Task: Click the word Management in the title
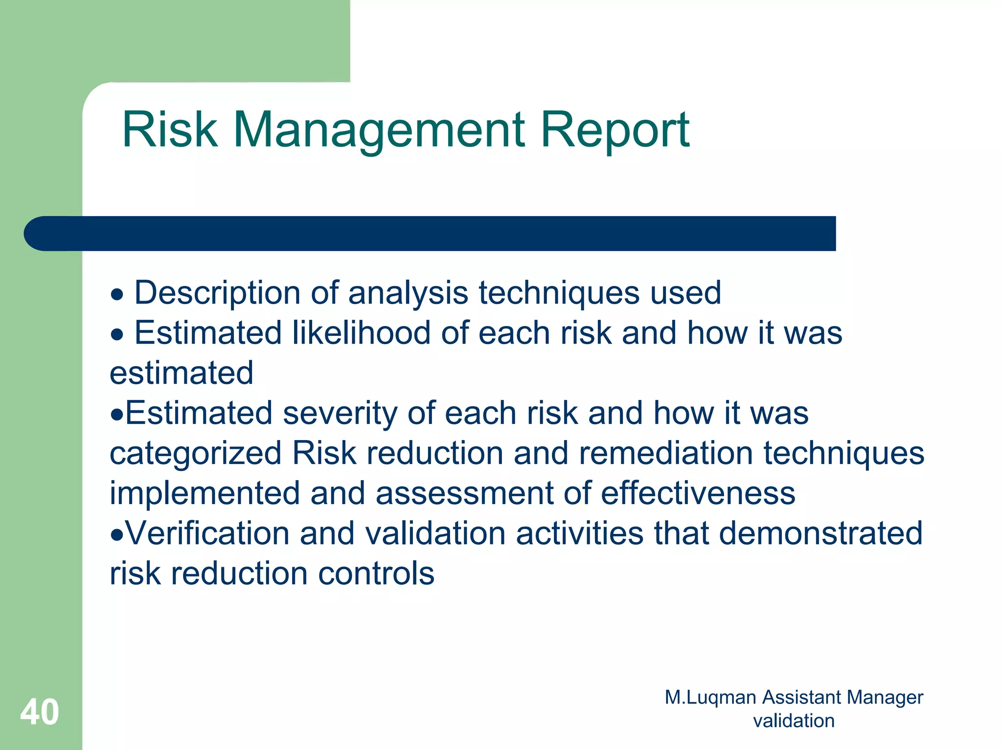click(379, 130)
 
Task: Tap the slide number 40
click(40, 712)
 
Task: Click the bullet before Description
click(117, 295)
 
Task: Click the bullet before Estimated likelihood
click(117, 335)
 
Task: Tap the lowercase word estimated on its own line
click(182, 373)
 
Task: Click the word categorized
click(195, 453)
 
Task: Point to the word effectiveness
click(698, 493)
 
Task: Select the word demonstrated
click(820, 533)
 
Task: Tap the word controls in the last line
click(376, 573)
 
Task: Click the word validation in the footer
click(794, 721)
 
